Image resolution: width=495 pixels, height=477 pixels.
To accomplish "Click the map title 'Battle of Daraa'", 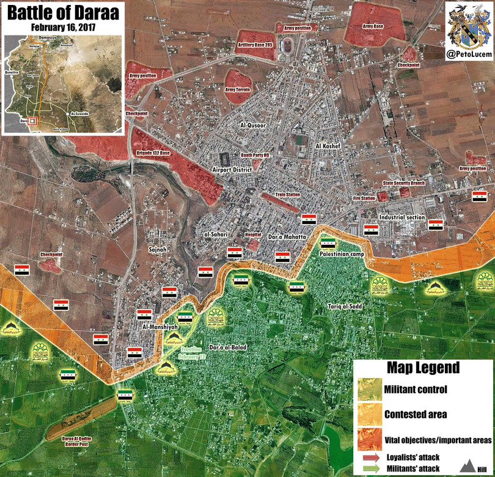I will [x=62, y=13].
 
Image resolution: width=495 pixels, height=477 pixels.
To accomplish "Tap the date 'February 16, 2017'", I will [x=62, y=27].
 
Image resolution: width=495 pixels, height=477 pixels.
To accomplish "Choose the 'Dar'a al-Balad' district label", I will [x=228, y=347].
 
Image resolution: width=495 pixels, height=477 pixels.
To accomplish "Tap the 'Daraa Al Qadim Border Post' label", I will [x=82, y=440].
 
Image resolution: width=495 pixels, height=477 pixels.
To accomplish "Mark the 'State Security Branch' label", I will [x=404, y=183].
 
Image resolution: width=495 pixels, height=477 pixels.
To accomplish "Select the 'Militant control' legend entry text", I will [x=416, y=389].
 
